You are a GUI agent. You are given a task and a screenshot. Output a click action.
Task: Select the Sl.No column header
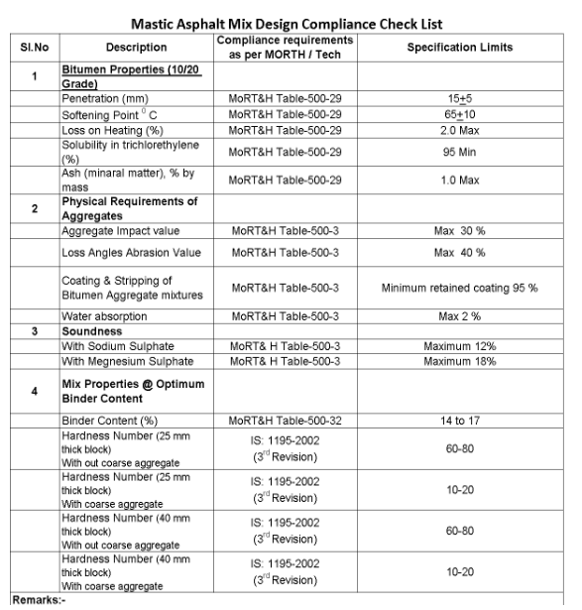coord(33,46)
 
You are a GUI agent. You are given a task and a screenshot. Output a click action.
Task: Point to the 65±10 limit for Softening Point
coord(459,115)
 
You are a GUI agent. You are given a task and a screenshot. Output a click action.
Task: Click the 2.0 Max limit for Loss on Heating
coord(459,129)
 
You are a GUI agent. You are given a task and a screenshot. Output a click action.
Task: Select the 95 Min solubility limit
coord(459,152)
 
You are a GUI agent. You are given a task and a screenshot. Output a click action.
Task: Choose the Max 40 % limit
coord(459,252)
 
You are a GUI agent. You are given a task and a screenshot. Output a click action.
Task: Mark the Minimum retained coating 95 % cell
coord(459,288)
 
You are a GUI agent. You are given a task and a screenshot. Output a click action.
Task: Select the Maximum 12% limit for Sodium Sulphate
coord(459,346)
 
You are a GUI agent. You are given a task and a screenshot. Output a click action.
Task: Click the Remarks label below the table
coord(36,601)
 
